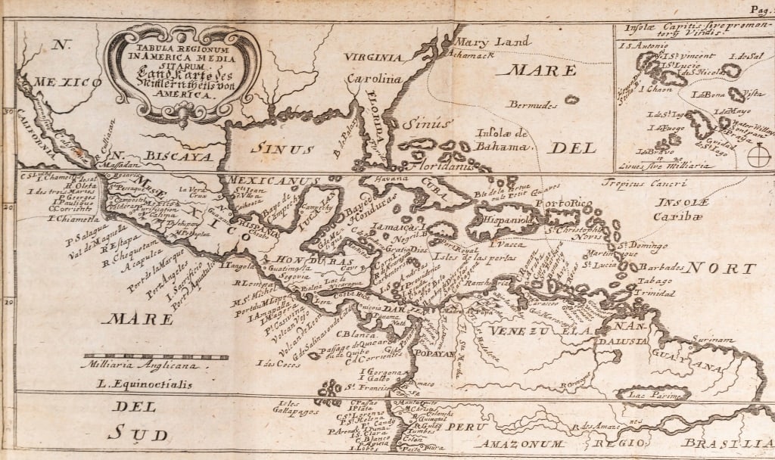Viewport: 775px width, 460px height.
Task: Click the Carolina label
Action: [373, 79]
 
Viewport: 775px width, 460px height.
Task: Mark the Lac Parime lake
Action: [653, 394]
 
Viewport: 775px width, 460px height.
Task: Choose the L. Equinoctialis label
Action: [145, 384]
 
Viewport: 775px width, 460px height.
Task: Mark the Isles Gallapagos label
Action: [300, 407]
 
